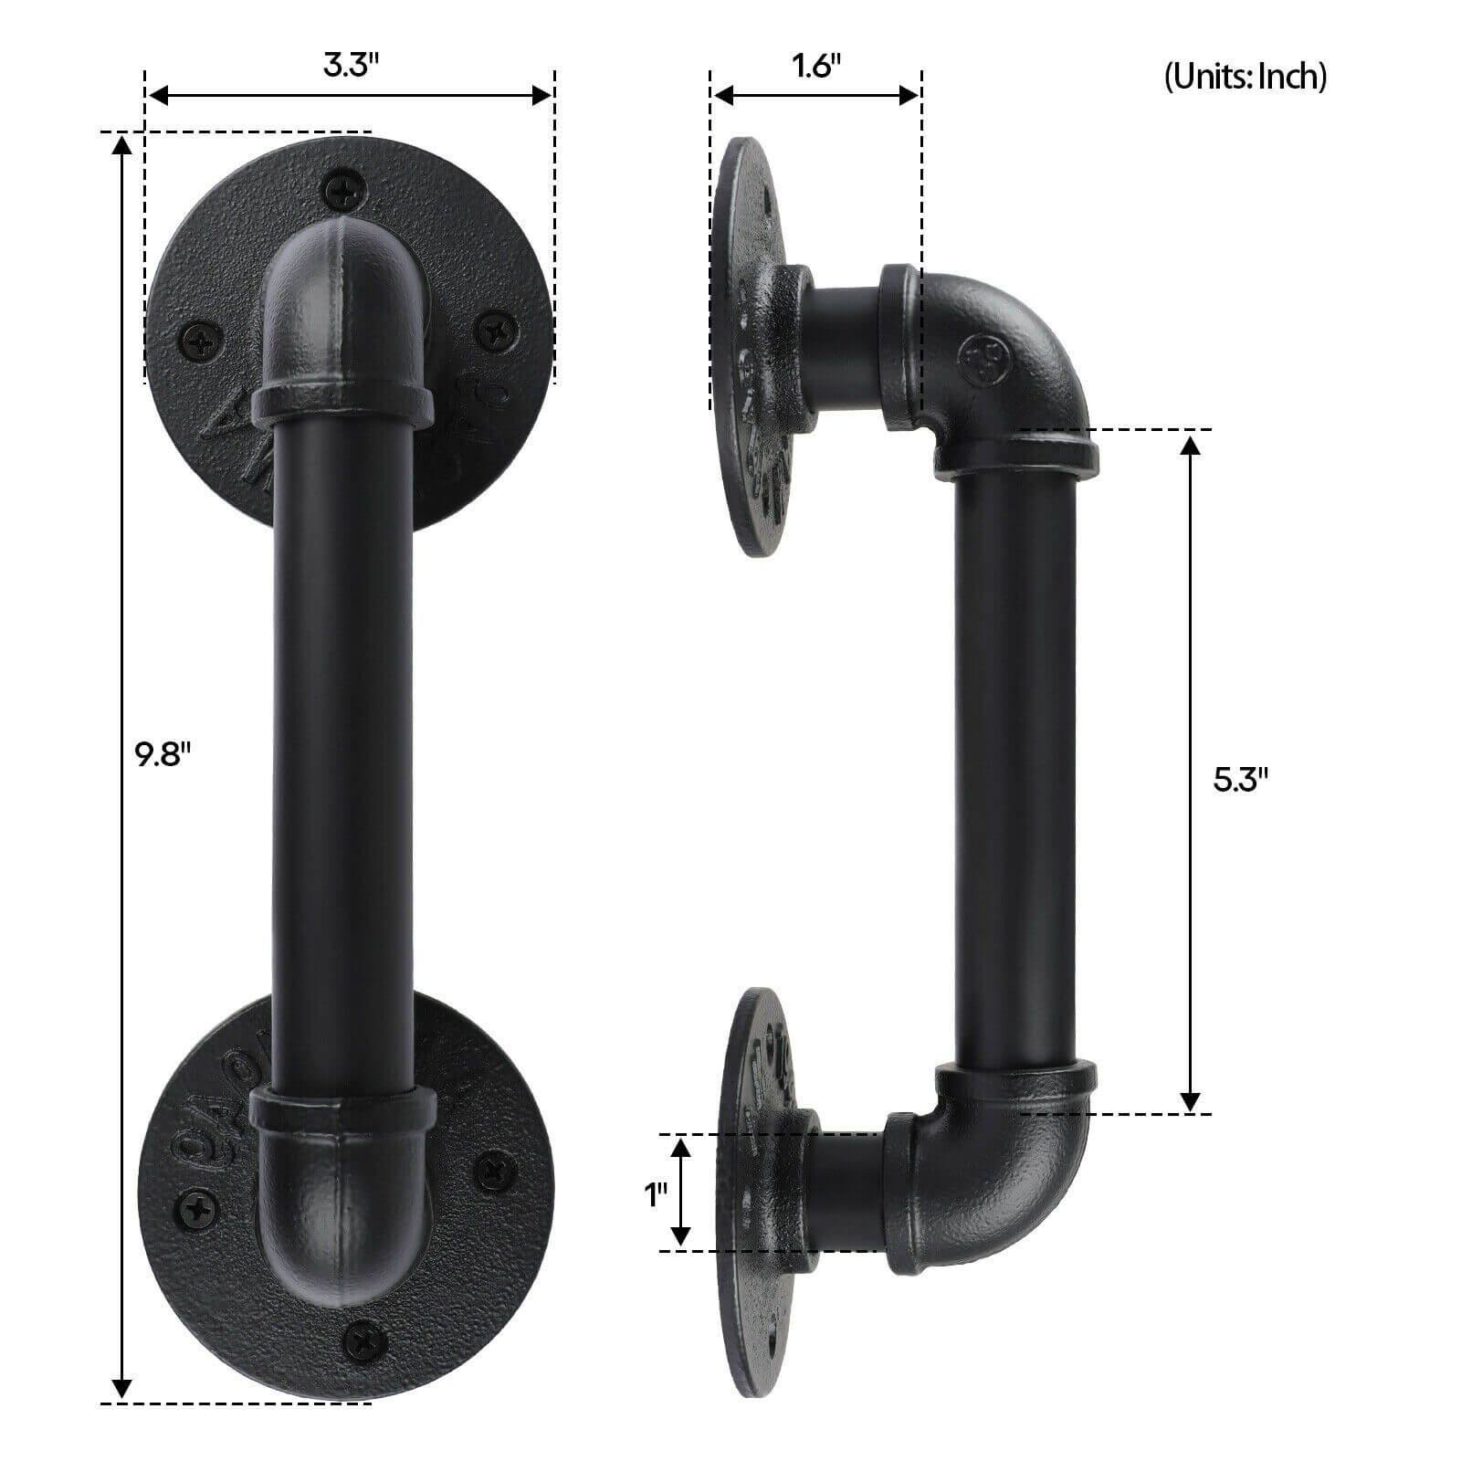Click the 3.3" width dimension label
(351, 66)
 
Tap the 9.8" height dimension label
(162, 755)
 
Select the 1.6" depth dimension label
(816, 66)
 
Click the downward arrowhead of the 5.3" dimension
(1190, 1100)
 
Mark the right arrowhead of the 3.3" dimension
(542, 95)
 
